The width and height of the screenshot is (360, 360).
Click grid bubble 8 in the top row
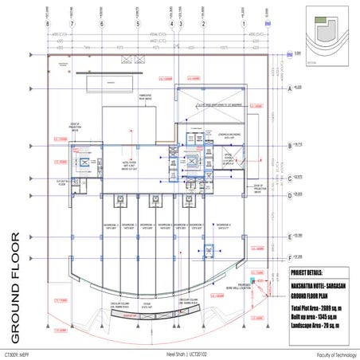pos(49,24)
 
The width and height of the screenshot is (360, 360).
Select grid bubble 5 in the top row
pos(139,24)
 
